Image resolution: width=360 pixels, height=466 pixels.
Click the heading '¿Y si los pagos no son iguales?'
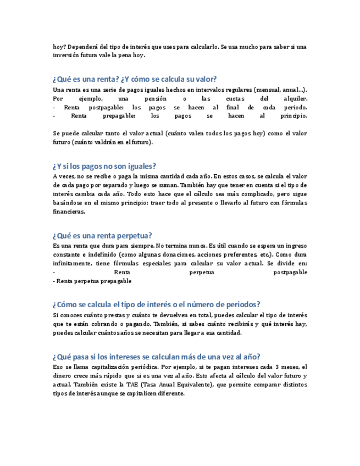coord(104,166)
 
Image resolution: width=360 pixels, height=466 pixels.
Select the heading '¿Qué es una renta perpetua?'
coord(102,235)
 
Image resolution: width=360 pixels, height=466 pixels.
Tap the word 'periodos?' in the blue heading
coord(243,304)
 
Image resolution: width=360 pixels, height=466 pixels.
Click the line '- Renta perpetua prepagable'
coord(92,281)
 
